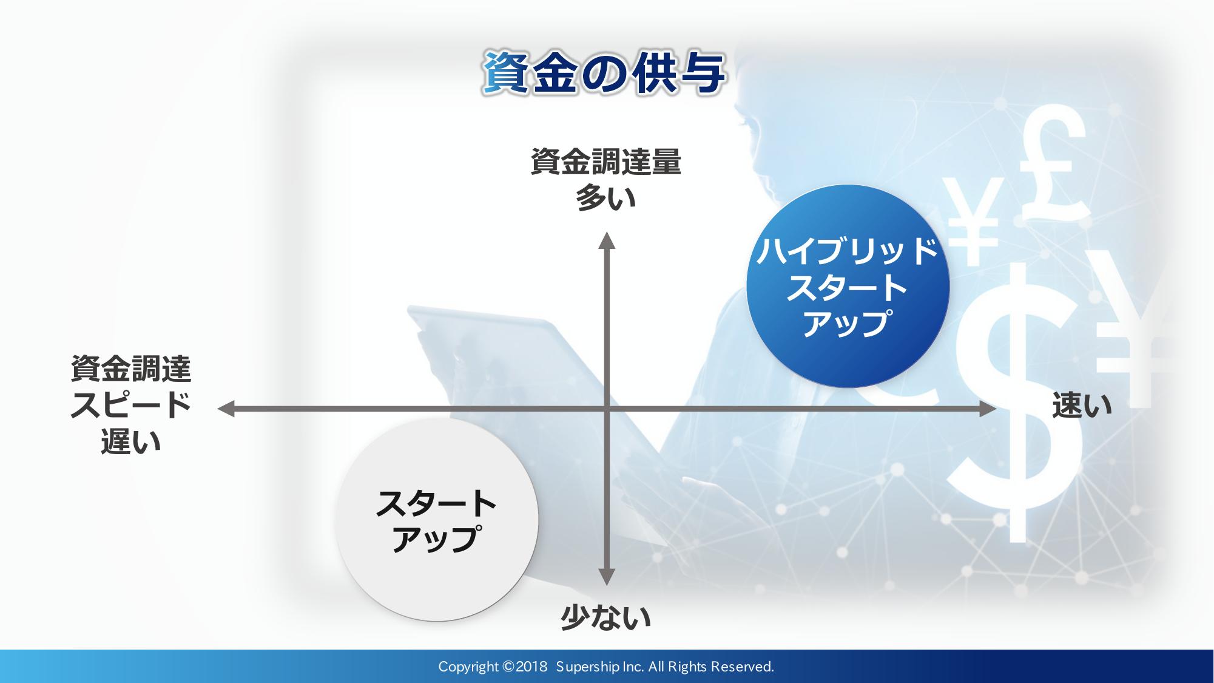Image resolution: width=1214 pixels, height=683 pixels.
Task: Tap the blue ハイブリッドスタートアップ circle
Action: [848, 286]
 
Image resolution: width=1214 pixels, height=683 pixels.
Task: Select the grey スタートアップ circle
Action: [437, 520]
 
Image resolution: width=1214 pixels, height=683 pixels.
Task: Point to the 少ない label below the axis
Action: [605, 618]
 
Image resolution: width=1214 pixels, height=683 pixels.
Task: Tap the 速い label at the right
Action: [1082, 405]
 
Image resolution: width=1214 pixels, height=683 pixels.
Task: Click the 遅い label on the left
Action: [131, 441]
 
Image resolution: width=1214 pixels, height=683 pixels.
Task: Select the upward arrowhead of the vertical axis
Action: [607, 240]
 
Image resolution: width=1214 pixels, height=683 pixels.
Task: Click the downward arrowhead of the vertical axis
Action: [607, 577]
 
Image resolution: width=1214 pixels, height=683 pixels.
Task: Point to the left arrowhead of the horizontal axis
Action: [226, 409]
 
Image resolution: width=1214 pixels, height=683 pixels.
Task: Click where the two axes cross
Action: [607, 409]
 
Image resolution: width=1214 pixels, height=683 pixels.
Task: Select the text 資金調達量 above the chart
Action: [606, 162]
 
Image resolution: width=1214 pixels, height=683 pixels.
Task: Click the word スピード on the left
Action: [131, 405]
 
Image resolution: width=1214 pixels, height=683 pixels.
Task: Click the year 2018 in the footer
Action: [531, 667]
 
